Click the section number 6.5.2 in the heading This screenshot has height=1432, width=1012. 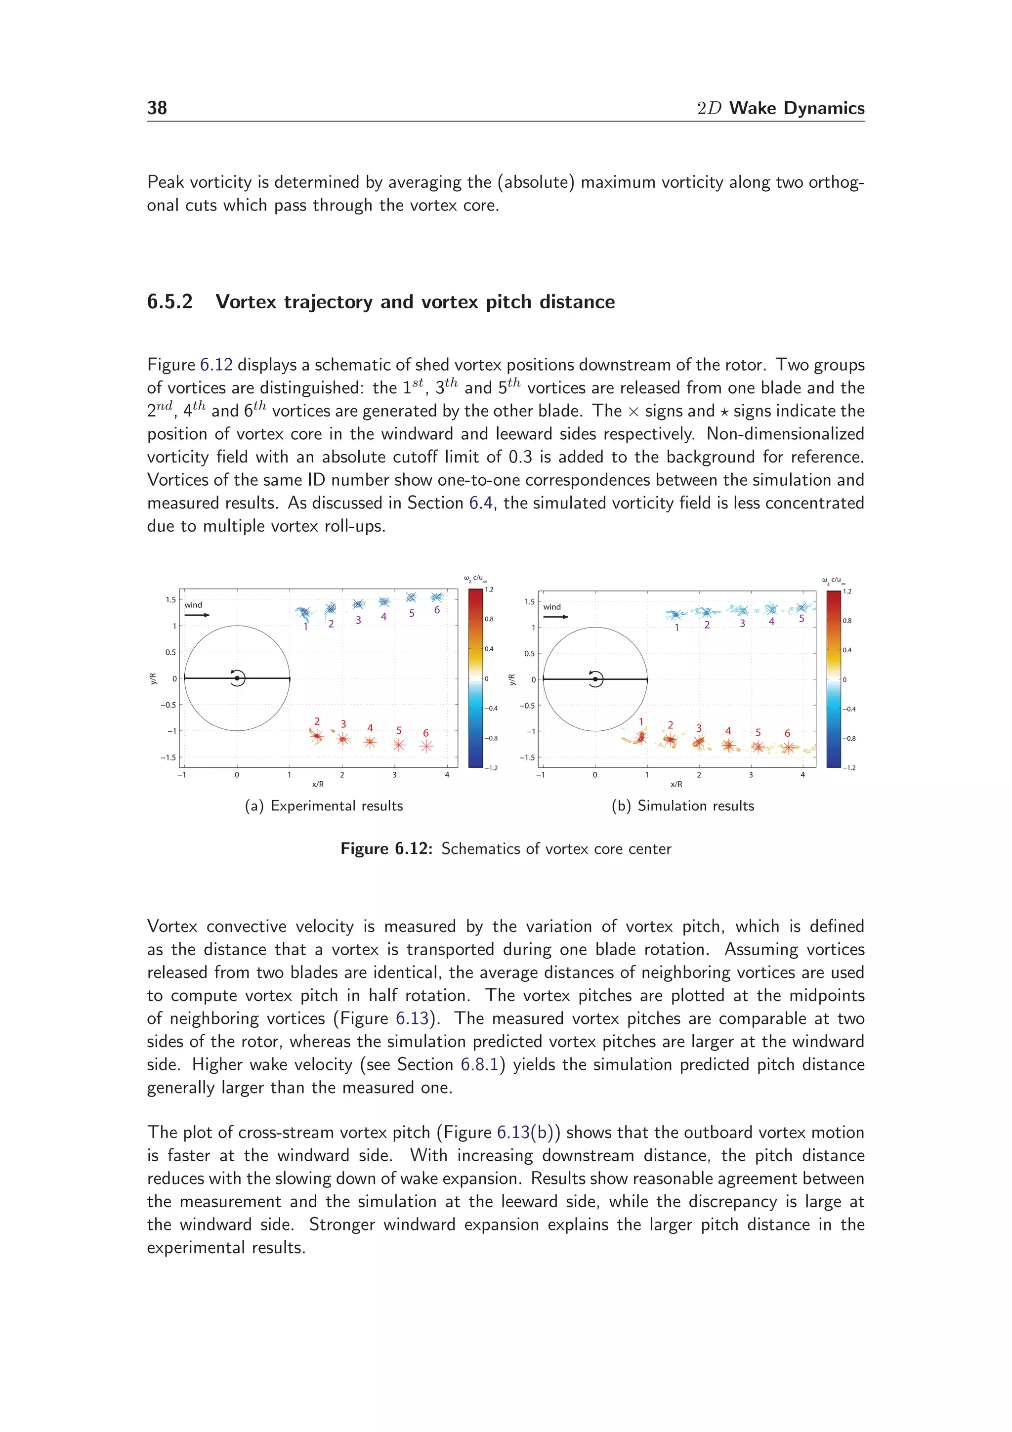pyautogui.click(x=169, y=302)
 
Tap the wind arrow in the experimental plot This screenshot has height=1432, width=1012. pyautogui.click(x=197, y=615)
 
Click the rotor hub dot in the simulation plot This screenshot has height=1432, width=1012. pyautogui.click(x=595, y=679)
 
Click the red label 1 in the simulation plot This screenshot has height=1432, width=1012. pyautogui.click(x=641, y=721)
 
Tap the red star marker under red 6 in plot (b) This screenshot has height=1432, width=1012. pyautogui.click(x=789, y=747)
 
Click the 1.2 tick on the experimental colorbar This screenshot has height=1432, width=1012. pyautogui.click(x=490, y=590)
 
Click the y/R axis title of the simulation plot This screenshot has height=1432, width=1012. pyautogui.click(x=512, y=679)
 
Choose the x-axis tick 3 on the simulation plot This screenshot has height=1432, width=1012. pyautogui.click(x=751, y=775)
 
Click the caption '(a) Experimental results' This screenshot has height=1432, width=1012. pyautogui.click(x=324, y=806)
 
